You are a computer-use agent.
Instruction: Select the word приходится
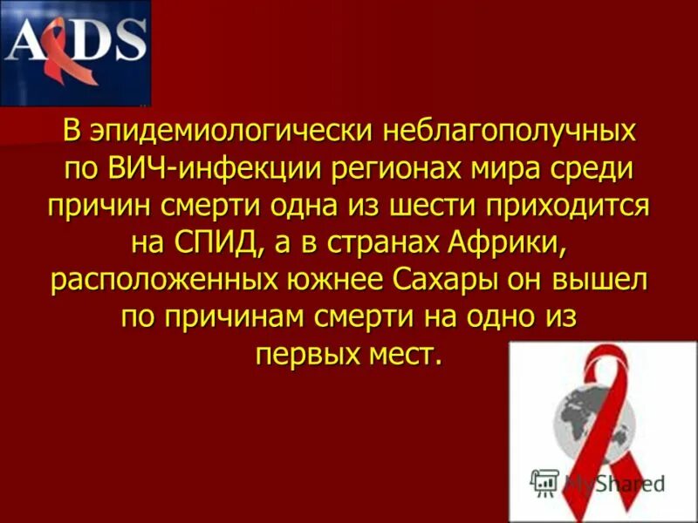[572, 206]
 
